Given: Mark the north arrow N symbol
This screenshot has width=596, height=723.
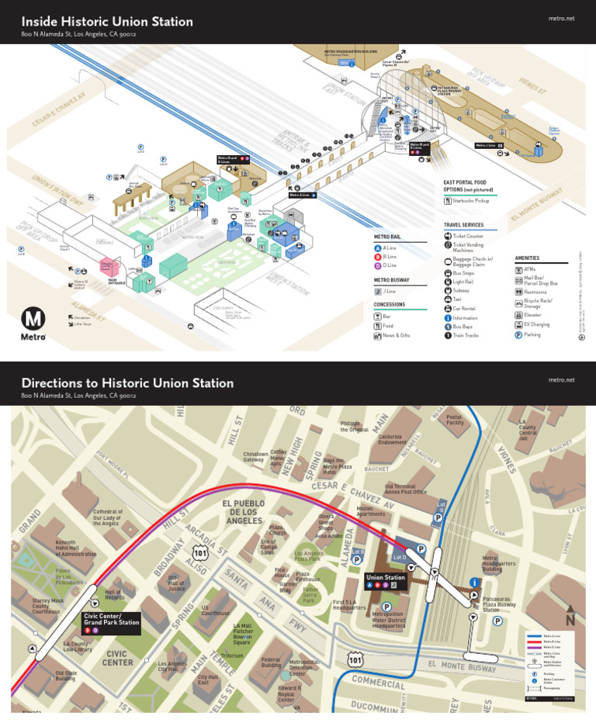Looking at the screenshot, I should tap(570, 618).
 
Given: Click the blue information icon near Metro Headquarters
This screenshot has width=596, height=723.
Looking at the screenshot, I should tap(474, 583).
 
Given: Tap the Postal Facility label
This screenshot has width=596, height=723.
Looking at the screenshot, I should tap(455, 420).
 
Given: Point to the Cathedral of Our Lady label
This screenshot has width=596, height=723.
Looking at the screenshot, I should tap(108, 517).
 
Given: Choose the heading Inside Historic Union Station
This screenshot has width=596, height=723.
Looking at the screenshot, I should tap(107, 22).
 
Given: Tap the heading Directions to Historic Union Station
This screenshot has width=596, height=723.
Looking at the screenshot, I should tap(127, 383).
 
